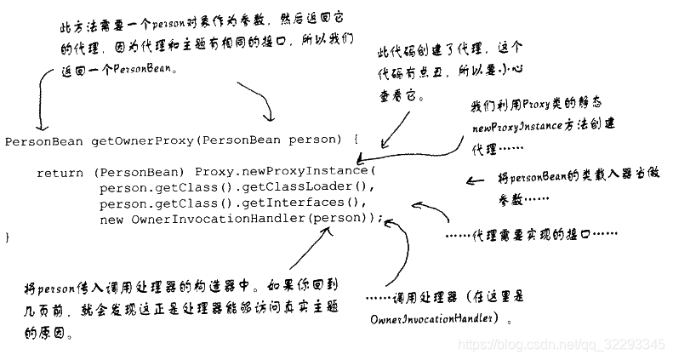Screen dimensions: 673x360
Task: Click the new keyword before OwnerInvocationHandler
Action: (111, 219)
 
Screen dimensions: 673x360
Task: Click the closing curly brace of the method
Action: (9, 237)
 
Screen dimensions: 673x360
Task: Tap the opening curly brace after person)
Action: (355, 140)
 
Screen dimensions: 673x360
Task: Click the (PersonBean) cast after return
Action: (134, 172)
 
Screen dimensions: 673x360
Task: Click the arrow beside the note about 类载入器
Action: (476, 180)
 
